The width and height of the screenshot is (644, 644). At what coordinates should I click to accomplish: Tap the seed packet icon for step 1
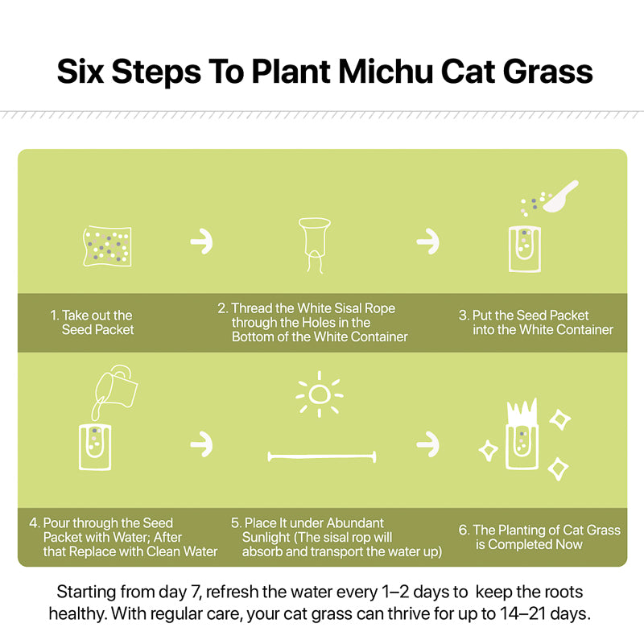(107, 246)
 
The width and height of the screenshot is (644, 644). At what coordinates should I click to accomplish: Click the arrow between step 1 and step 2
(202, 242)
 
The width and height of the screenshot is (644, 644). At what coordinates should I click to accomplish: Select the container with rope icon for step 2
(315, 246)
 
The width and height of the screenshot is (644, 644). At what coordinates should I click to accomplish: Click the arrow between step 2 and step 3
(427, 242)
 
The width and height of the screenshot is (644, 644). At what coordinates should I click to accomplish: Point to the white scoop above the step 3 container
(560, 196)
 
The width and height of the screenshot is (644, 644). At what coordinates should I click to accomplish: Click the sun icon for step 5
(320, 394)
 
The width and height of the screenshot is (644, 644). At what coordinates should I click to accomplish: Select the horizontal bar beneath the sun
(322, 456)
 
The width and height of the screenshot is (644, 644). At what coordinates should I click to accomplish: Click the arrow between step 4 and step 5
(202, 444)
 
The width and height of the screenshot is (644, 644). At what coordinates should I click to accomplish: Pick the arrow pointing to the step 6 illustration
(427, 444)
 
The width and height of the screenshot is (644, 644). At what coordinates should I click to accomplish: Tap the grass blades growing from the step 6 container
(522, 411)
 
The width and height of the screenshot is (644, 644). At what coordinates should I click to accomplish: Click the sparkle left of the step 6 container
(489, 451)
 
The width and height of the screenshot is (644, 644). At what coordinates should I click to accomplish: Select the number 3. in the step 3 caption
(464, 316)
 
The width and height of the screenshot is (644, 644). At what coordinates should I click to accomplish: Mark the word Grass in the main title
(548, 72)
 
